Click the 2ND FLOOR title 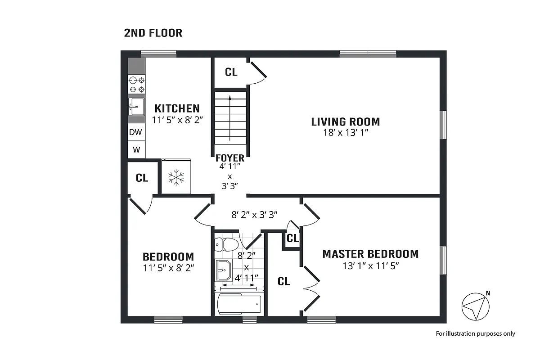point(153,33)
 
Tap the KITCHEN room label point(177,108)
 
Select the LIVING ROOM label point(345,121)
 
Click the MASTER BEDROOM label point(370,254)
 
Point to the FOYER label point(229,158)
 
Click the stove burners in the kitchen point(137,85)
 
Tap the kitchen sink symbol point(136,107)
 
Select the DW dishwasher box point(136,132)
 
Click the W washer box point(136,149)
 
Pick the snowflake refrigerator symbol point(176,177)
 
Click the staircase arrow point(229,117)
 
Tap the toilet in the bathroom point(227,245)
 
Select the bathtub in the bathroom point(239,305)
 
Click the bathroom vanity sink point(222,270)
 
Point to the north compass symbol point(476,306)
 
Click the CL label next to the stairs point(231,72)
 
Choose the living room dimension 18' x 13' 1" point(345,132)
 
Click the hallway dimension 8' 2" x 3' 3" point(254,215)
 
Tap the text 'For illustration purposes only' point(475,334)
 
